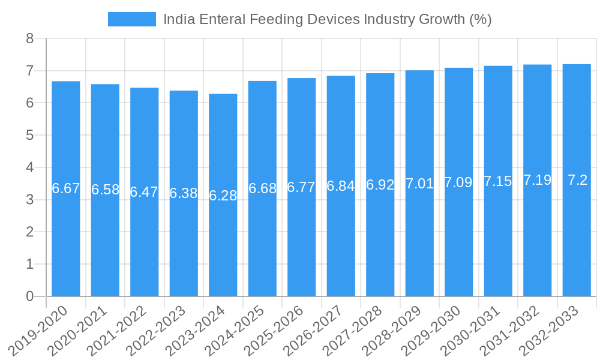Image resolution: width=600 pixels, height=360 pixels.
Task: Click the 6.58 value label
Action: point(105,190)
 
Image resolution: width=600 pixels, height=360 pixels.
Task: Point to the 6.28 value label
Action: point(223,196)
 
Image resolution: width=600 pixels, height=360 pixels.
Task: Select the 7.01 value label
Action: point(419,184)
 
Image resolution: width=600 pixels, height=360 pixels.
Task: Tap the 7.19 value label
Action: point(537,180)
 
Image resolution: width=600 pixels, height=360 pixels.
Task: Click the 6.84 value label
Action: point(341,186)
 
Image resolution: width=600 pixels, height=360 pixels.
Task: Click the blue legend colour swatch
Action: point(131,19)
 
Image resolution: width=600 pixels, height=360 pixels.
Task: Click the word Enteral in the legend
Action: point(222,19)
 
